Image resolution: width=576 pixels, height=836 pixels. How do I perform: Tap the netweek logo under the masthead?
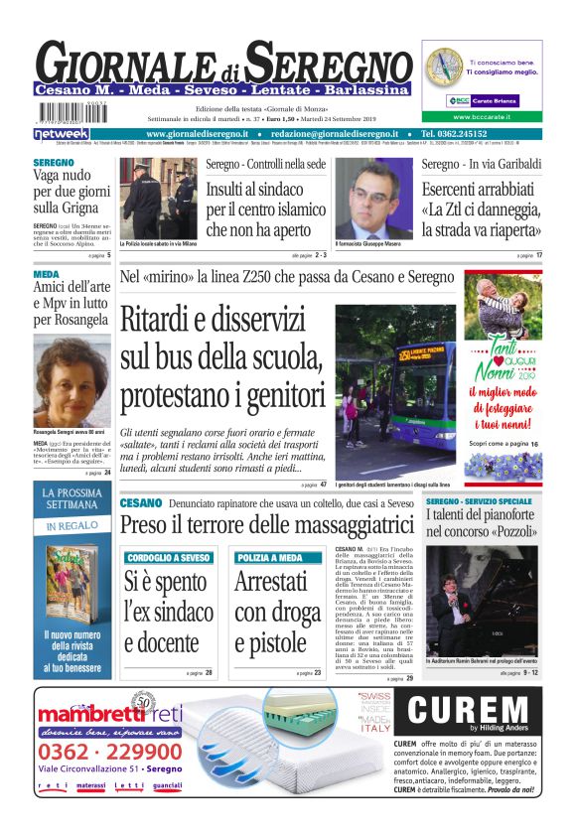[x=62, y=133]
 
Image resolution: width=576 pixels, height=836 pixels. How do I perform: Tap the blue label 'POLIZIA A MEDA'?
[x=270, y=558]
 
